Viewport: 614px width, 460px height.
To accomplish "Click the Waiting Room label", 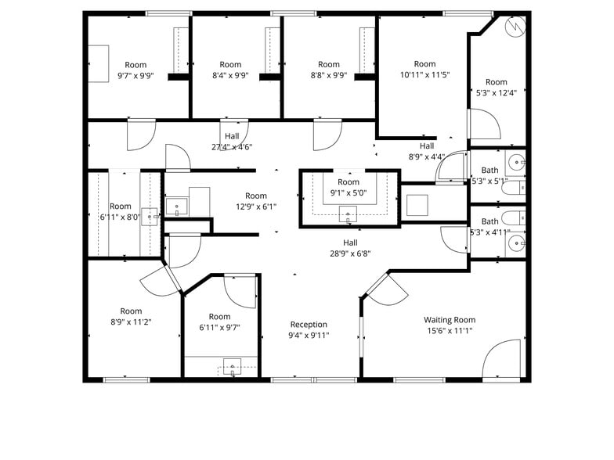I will (450, 319).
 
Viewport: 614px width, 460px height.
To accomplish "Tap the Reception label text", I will (309, 325).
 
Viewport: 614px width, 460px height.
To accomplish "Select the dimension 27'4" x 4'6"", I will (232, 146).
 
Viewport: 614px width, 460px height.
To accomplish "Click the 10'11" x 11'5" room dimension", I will (424, 75).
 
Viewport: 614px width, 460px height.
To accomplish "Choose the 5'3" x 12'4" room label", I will (496, 92).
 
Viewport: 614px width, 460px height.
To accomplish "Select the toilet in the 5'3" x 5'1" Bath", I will (510, 187).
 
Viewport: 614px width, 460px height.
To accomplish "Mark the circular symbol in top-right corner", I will (515, 26).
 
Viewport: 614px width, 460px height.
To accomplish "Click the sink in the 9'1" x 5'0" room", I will (349, 212).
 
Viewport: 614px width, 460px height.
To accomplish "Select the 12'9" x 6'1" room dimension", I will (255, 207).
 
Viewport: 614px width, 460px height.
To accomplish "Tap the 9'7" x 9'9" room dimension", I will (135, 76).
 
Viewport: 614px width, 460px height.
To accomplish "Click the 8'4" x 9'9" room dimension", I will (230, 76).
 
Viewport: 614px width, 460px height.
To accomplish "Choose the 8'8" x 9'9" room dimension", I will (329, 76).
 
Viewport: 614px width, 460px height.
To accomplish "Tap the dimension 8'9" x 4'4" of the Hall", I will (426, 156).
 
